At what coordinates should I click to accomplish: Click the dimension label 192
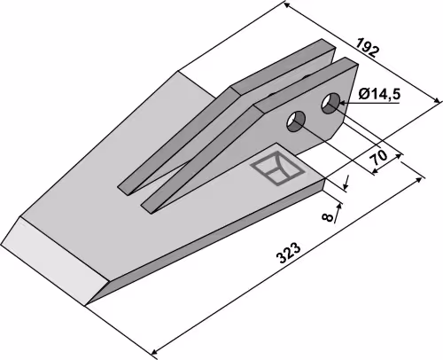[367, 47]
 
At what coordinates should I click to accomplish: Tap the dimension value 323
[289, 254]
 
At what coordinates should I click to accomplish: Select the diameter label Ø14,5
[379, 95]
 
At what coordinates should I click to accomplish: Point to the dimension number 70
[379, 158]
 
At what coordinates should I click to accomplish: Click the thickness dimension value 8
[328, 217]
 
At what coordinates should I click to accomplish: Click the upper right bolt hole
[330, 104]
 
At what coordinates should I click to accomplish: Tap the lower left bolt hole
[296, 121]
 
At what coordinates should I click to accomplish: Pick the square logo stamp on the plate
[276, 168]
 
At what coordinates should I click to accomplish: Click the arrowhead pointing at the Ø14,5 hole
[343, 103]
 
